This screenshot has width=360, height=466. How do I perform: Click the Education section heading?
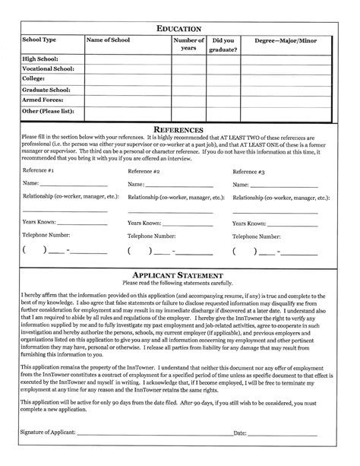point(179,28)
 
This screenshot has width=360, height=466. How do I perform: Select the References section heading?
point(179,130)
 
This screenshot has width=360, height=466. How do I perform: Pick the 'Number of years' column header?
point(188,45)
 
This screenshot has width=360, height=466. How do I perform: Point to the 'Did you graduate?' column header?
point(227,45)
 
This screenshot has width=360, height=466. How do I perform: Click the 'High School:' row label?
point(41,58)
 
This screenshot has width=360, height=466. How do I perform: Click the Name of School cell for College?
point(125,79)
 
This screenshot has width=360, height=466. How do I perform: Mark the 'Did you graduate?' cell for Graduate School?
point(227,89)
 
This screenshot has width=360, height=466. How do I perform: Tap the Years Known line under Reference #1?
point(84,225)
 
